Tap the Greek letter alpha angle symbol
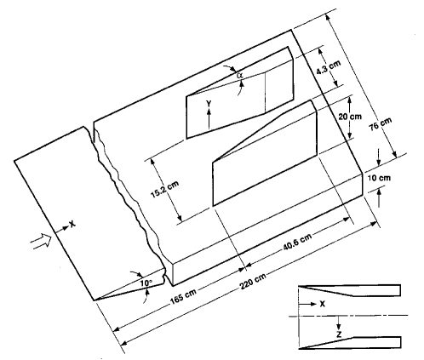tap(241, 76)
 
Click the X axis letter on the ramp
tap(72, 226)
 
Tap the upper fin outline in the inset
tap(349, 289)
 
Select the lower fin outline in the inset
tap(349, 342)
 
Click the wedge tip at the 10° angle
tap(97, 300)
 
